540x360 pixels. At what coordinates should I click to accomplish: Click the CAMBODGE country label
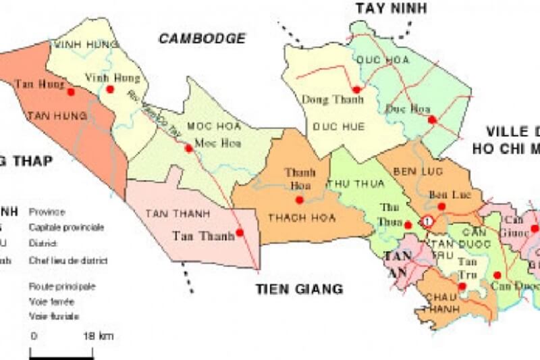pos(202,38)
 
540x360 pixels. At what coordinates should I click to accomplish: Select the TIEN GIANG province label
pos(299,289)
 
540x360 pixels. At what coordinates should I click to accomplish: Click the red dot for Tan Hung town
pos(71,90)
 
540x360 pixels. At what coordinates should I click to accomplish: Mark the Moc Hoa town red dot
pos(189,148)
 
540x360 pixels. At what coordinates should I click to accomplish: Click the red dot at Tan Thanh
pos(240,234)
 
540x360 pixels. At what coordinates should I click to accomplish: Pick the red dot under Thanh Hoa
pos(299,199)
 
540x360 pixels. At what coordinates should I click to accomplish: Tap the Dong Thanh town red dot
pos(356,89)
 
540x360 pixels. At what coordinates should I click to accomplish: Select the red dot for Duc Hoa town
pos(432,120)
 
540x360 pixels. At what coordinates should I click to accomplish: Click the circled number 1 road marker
pos(427,221)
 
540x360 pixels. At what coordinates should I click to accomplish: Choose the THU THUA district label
pos(355,183)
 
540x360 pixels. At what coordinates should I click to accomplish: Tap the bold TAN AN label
pos(397,263)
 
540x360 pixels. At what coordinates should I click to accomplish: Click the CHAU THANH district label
pos(440,303)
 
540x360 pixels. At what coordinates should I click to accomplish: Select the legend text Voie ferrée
pos(51,301)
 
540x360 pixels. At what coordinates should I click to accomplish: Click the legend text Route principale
pos(61,286)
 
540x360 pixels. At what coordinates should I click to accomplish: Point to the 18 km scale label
pos(98,336)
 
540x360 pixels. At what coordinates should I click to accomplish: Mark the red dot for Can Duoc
pos(497,275)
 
